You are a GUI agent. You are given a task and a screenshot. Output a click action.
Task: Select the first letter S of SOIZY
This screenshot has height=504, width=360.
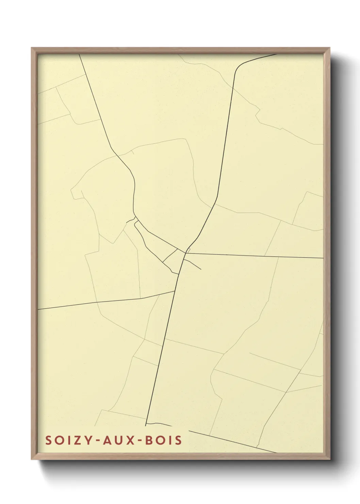coord(48,440)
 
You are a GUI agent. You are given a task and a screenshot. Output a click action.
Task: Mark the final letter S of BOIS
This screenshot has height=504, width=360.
coord(179,440)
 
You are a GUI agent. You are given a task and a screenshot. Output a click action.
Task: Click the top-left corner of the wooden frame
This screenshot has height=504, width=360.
coord(32,48)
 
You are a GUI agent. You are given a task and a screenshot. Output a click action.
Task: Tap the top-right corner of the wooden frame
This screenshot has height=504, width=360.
coord(330,48)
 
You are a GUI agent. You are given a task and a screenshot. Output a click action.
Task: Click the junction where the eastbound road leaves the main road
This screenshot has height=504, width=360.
coord(186,253)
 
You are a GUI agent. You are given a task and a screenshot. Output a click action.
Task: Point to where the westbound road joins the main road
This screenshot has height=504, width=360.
coord(175,291)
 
